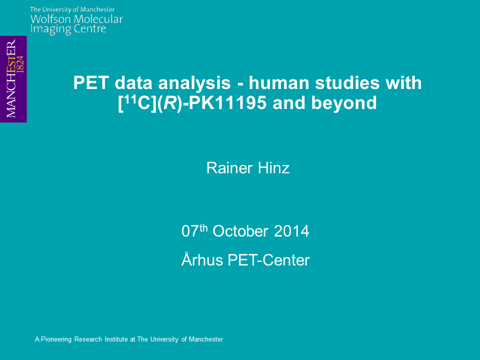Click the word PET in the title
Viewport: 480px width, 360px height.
tap(91, 83)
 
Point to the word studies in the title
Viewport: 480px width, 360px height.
tap(347, 83)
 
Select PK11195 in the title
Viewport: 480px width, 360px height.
tap(227, 103)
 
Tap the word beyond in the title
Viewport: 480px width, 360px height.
tap(344, 103)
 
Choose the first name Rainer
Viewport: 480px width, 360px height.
tap(229, 168)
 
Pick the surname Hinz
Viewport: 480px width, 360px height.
tap(273, 168)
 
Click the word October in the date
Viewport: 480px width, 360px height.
tap(240, 231)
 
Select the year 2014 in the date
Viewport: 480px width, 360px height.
tap(291, 231)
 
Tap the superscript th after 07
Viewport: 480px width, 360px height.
tap(203, 228)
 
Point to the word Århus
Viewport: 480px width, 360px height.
tap(202, 259)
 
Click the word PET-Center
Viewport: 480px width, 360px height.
tap(268, 260)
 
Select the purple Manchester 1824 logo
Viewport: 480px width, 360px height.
tap(13, 79)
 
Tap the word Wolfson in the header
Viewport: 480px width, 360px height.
tap(50, 19)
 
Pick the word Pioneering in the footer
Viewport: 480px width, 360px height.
tap(56, 339)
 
